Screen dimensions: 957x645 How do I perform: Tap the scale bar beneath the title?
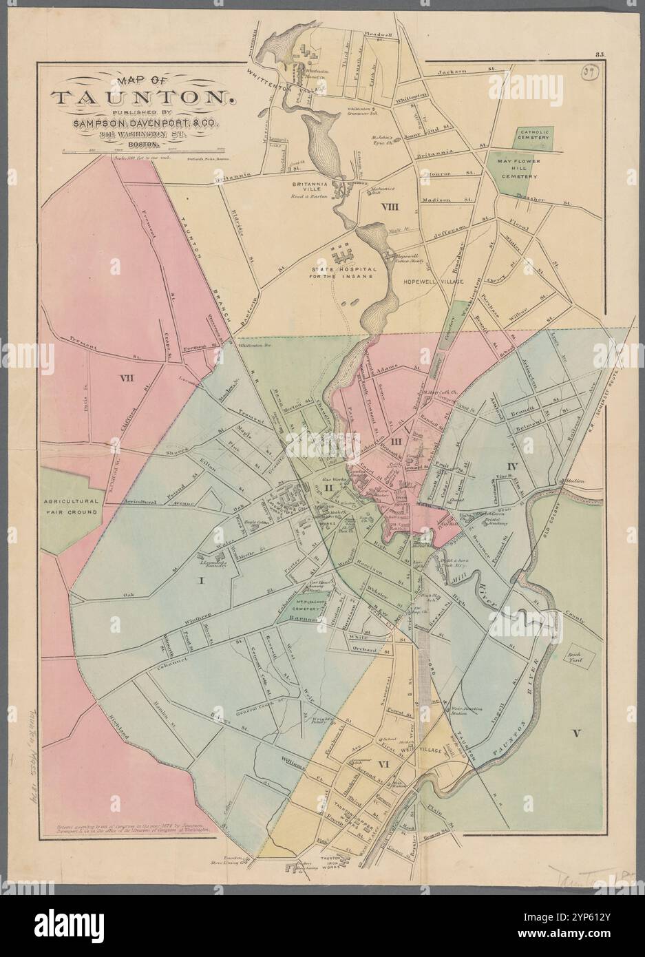point(144,149)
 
